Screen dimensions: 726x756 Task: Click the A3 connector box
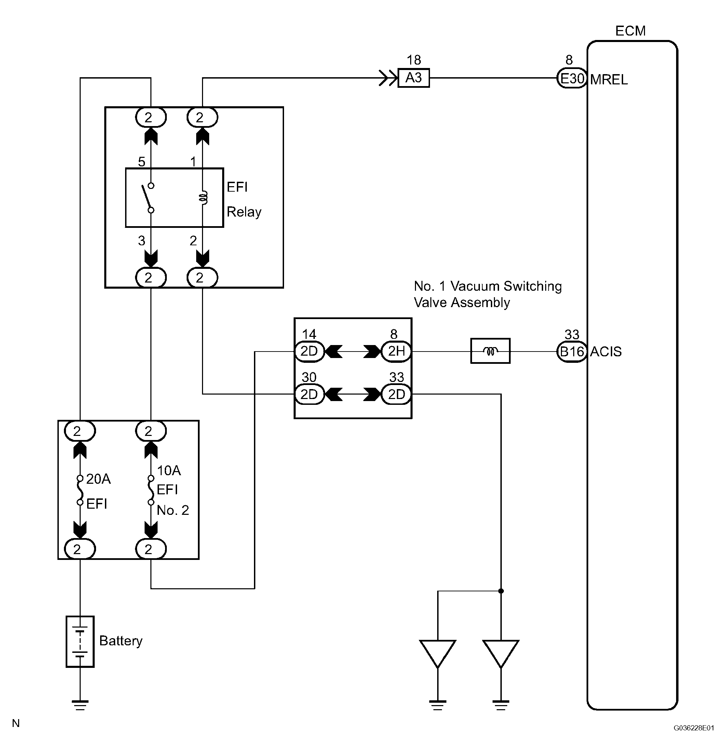pyautogui.click(x=413, y=78)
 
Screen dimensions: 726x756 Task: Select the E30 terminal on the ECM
pyautogui.click(x=572, y=78)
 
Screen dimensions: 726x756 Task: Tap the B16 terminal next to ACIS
pyautogui.click(x=572, y=352)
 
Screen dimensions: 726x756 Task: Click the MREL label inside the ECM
pyautogui.click(x=609, y=80)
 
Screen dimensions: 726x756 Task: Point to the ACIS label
pyautogui.click(x=606, y=352)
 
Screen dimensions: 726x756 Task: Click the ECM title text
pyautogui.click(x=630, y=31)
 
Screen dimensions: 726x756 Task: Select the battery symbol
pyautogui.click(x=80, y=642)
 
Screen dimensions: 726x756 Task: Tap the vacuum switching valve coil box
pyautogui.click(x=490, y=351)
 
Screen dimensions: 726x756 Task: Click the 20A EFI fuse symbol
pyautogui.click(x=80, y=490)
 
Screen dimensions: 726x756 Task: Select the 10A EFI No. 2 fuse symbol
pyautogui.click(x=151, y=490)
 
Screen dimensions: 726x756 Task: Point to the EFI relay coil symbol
pyautogui.click(x=203, y=198)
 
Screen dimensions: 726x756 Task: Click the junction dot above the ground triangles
pyautogui.click(x=501, y=591)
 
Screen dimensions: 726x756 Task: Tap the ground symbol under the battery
pyautogui.click(x=80, y=705)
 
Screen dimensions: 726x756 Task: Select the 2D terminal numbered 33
pyautogui.click(x=396, y=394)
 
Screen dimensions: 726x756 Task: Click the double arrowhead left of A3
pyautogui.click(x=388, y=78)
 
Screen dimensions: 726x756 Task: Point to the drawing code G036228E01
pyautogui.click(x=694, y=728)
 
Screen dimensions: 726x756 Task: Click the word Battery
pyautogui.click(x=121, y=641)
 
